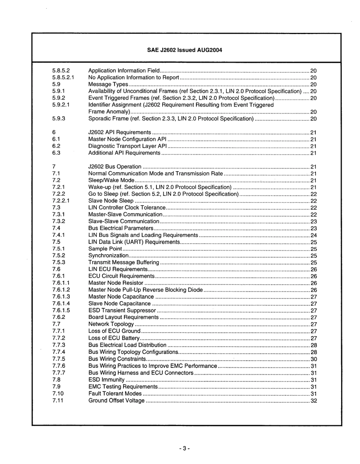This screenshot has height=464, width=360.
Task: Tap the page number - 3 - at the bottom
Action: click(x=184, y=448)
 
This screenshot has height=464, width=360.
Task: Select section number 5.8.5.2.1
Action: click(x=63, y=78)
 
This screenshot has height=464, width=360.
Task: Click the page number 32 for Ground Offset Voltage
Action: click(x=313, y=401)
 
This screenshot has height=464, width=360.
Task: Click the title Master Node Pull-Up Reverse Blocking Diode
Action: click(x=146, y=290)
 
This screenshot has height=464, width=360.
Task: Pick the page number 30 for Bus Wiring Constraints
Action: click(x=313, y=359)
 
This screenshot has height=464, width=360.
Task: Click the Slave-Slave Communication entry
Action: click(x=124, y=222)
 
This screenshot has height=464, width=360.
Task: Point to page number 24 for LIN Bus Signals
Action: click(x=313, y=235)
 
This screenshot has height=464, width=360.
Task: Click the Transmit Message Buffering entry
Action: click(x=124, y=262)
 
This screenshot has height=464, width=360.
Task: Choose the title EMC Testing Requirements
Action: click(x=123, y=387)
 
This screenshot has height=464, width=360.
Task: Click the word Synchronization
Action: click(x=108, y=256)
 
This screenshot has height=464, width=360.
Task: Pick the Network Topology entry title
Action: click(x=111, y=325)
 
